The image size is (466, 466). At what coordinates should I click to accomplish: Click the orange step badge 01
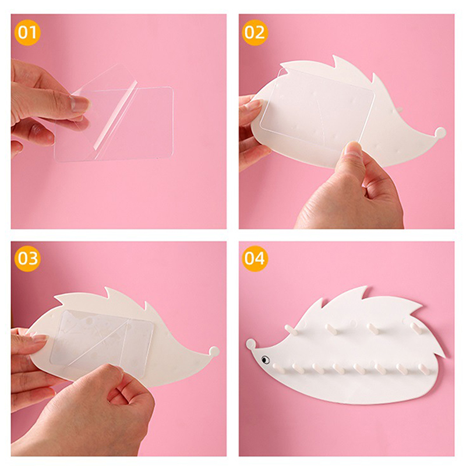coord(27,33)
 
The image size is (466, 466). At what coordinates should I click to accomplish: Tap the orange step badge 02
coord(255,33)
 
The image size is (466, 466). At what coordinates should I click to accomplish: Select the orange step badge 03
coord(27,259)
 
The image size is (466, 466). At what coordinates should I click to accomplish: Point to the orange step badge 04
coord(255,259)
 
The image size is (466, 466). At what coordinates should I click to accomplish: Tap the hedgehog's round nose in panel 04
coord(251,344)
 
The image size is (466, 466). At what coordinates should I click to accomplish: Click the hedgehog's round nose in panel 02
coord(440,132)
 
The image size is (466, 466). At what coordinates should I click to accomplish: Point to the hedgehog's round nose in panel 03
coord(214,352)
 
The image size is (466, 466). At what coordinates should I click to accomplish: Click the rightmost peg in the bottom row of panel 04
coord(422,368)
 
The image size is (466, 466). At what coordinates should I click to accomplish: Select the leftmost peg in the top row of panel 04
coord(291,330)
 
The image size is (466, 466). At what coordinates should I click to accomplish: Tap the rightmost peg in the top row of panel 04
coord(416,328)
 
